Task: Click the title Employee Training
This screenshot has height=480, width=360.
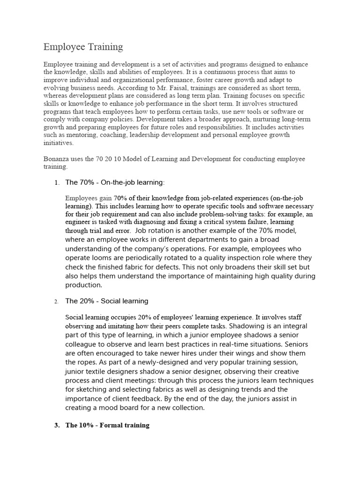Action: pos(83,47)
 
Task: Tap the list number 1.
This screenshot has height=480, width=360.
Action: pos(56,182)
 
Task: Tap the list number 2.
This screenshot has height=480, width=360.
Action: pos(56,301)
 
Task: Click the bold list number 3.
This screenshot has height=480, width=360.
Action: pos(56,425)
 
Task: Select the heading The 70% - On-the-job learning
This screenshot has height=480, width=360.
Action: pos(115,182)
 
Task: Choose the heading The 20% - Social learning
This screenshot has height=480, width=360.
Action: pos(106,301)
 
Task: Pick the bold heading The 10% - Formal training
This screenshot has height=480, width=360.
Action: pos(107,425)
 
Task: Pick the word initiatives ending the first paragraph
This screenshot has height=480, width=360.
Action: pos(59,143)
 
